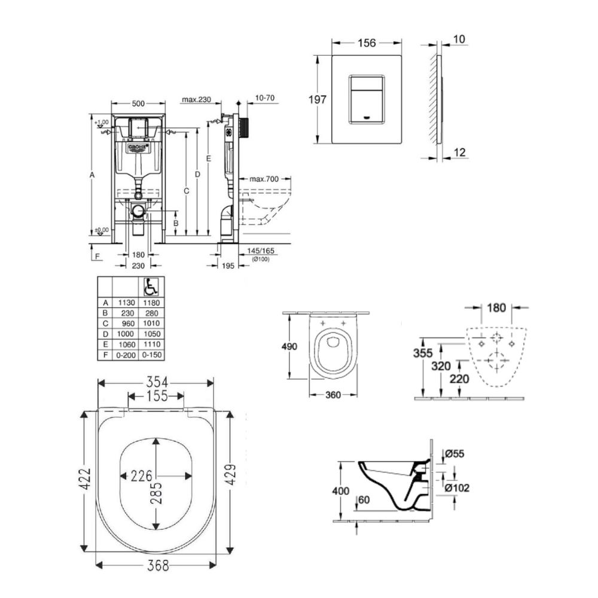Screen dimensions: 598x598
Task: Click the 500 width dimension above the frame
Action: click(138, 103)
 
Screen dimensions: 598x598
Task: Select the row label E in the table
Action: click(106, 344)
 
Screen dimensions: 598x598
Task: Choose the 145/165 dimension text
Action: click(261, 251)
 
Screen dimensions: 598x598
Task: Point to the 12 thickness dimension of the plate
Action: click(459, 153)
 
